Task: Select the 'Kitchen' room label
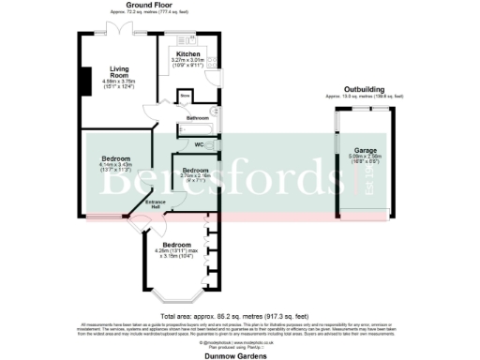click(188, 54)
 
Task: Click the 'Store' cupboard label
click(185, 96)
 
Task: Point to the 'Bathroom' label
click(197, 118)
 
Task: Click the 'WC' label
click(199, 145)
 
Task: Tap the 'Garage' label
click(365, 149)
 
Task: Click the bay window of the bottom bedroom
click(176, 298)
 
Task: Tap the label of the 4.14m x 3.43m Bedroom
click(115, 158)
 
